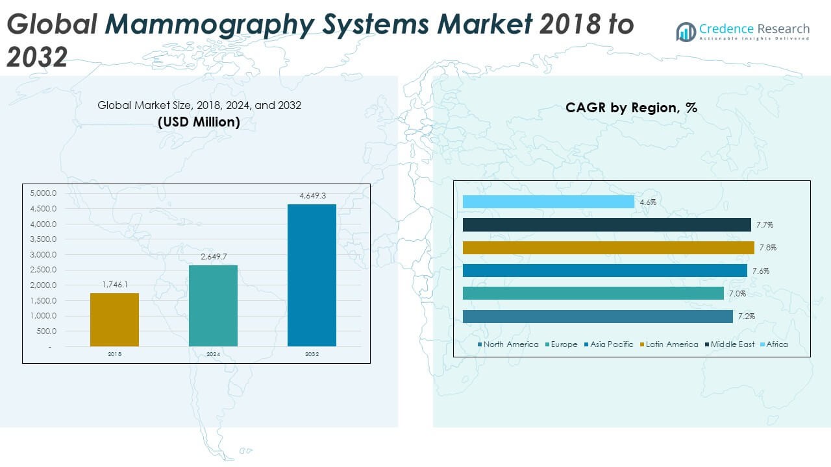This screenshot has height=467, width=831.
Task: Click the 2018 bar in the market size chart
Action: [114, 319]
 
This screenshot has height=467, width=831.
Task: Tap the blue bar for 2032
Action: [312, 275]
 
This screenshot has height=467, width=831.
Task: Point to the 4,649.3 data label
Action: [312, 195]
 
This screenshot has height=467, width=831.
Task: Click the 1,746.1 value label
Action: [116, 284]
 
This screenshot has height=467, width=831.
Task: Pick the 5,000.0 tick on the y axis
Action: [44, 193]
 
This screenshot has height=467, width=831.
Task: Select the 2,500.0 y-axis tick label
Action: [44, 270]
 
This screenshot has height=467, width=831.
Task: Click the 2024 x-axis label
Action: [213, 354]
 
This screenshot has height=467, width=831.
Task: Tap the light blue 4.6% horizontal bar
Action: [549, 202]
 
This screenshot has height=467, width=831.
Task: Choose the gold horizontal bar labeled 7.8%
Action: [608, 248]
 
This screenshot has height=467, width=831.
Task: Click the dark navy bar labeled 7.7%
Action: [607, 224]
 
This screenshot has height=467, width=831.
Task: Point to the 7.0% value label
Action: [738, 294]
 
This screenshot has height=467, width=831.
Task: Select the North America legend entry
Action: [508, 344]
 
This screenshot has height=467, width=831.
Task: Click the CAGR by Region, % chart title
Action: [631, 108]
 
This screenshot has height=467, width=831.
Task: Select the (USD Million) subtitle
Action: [199, 122]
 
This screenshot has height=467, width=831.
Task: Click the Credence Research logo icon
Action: [686, 32]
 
